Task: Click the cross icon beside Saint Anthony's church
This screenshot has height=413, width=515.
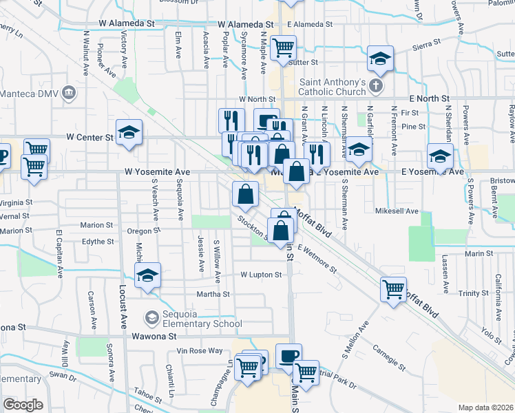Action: (375, 87)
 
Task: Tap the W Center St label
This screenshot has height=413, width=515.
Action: (89, 138)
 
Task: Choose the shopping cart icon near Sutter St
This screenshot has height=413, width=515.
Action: (283, 47)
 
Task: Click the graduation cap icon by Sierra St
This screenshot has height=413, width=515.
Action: (379, 59)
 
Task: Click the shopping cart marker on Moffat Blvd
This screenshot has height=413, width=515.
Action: (393, 288)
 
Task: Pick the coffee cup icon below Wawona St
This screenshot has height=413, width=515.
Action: (288, 355)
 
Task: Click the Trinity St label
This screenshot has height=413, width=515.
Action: (473, 293)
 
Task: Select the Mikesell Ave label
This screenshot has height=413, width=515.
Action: (397, 211)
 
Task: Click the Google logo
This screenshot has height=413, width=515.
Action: (23, 404)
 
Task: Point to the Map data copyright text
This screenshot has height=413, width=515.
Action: (486, 407)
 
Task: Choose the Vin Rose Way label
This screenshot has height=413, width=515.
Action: (200, 351)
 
